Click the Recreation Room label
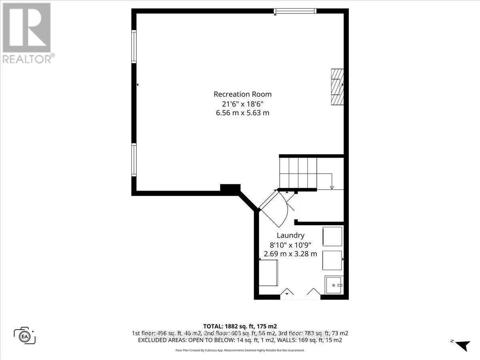[242, 94]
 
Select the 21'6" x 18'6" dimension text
[242, 104]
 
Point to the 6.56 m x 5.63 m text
[242, 113]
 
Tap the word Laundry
[290, 236]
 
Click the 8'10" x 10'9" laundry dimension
[290, 245]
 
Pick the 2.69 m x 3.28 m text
[290, 254]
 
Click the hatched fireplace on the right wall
[337, 86]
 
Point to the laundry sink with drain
[334, 285]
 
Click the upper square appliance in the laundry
[332, 236]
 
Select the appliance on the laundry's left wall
[268, 272]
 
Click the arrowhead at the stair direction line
[331, 187]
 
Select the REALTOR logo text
[28, 59]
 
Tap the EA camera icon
[25, 335]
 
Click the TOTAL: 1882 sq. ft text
[240, 326]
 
